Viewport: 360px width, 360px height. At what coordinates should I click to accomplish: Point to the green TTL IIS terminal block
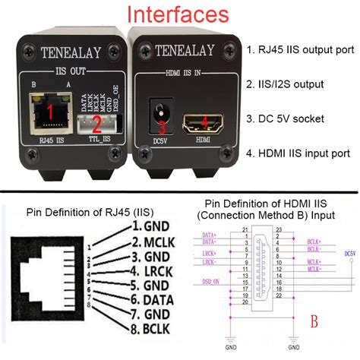(x=96, y=125)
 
